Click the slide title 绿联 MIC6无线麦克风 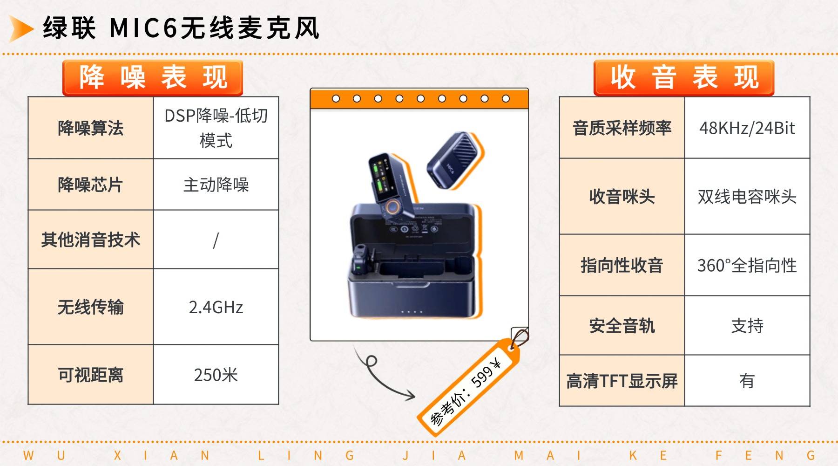181,28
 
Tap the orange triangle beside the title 20,28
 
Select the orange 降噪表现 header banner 153,77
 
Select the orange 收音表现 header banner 683,77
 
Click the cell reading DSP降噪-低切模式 216,128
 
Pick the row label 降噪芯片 90,185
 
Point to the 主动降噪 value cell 216,185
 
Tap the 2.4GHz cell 216,307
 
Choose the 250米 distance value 216,375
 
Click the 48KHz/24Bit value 747,128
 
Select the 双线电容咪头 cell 747,197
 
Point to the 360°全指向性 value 747,266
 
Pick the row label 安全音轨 622,326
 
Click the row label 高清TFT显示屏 622,381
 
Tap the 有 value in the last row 747,381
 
